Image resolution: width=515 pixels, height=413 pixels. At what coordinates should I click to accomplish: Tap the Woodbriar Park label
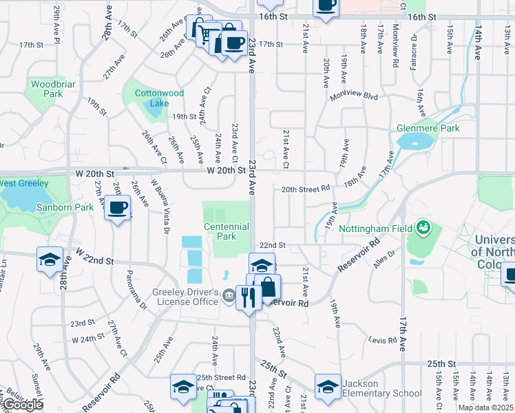pos(46,88)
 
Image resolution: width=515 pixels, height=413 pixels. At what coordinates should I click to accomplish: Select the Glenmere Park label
pos(428,128)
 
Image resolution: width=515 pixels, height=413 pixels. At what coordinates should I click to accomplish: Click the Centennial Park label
pos(226,231)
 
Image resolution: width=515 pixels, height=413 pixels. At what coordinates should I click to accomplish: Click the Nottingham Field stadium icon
pos(423,227)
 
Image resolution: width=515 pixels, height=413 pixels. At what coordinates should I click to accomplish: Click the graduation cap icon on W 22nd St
pos(50,259)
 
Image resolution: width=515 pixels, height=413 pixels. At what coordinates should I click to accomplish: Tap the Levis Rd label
pos(383,340)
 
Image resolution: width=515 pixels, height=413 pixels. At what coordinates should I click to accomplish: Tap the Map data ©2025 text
pos(485,407)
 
